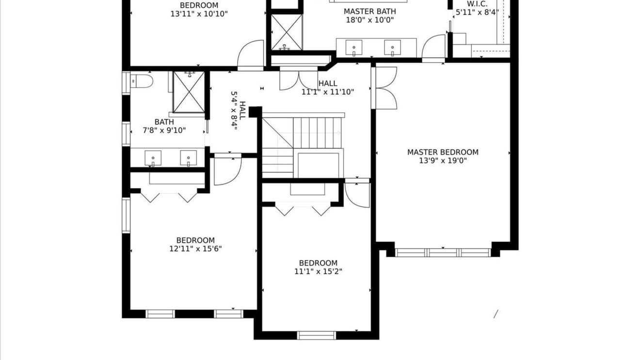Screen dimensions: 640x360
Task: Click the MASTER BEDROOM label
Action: point(443,152)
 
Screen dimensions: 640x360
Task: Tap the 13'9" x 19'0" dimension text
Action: point(443,161)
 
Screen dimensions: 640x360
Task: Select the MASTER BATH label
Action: point(370,12)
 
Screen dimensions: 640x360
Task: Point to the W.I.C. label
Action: point(477,4)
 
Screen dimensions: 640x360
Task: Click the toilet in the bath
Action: point(142,81)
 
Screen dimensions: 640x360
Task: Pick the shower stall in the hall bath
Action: point(189,92)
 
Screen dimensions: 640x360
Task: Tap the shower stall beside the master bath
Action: point(287,32)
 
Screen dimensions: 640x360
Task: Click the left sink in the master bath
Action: point(354,47)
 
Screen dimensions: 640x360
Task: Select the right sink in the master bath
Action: point(392,47)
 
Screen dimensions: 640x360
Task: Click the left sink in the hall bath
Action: point(153,158)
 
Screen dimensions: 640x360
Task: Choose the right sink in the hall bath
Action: point(188,158)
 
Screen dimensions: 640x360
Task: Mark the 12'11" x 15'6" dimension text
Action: point(195,249)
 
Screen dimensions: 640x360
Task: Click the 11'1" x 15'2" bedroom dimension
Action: point(318,271)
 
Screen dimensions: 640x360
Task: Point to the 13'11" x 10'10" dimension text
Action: point(199,14)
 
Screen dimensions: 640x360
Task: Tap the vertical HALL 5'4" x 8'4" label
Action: point(238,110)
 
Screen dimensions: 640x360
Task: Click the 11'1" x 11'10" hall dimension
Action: point(328,92)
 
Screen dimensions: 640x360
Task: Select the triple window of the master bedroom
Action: point(443,252)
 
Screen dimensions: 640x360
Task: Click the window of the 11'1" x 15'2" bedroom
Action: point(317,335)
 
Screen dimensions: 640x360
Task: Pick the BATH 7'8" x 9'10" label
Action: point(164,126)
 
